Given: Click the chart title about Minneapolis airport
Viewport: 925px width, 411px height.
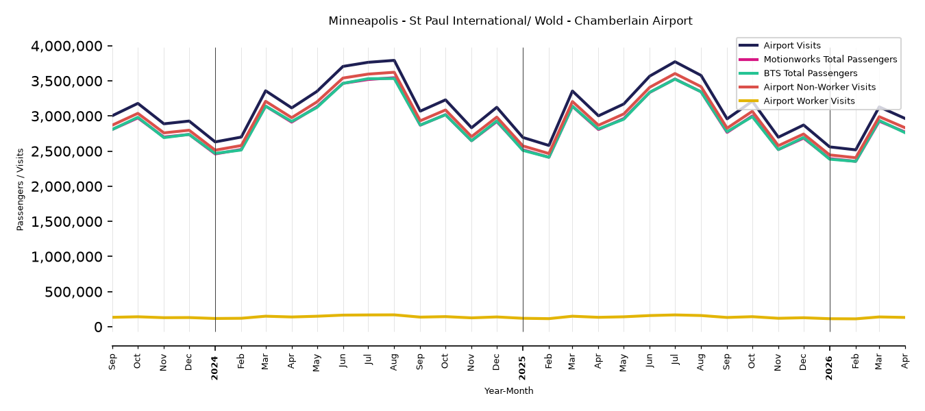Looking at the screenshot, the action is click(510, 21).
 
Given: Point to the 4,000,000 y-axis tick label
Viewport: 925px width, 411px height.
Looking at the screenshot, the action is click(67, 46).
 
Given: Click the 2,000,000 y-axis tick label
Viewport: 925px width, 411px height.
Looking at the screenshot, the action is click(67, 186).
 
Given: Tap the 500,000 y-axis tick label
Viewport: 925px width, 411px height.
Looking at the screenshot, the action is click(73, 292).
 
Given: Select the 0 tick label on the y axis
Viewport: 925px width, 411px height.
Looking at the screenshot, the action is click(98, 327).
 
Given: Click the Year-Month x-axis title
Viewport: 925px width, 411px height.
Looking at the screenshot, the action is click(508, 390).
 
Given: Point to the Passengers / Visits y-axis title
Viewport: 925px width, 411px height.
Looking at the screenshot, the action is click(21, 190).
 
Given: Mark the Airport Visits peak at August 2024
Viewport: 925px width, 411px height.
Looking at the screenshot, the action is click(395, 60).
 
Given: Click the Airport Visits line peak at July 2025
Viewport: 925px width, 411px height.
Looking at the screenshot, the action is click(675, 62).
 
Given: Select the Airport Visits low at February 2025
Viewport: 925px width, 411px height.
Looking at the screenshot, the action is click(548, 145).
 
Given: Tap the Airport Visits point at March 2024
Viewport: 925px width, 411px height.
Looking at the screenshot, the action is click(266, 91).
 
